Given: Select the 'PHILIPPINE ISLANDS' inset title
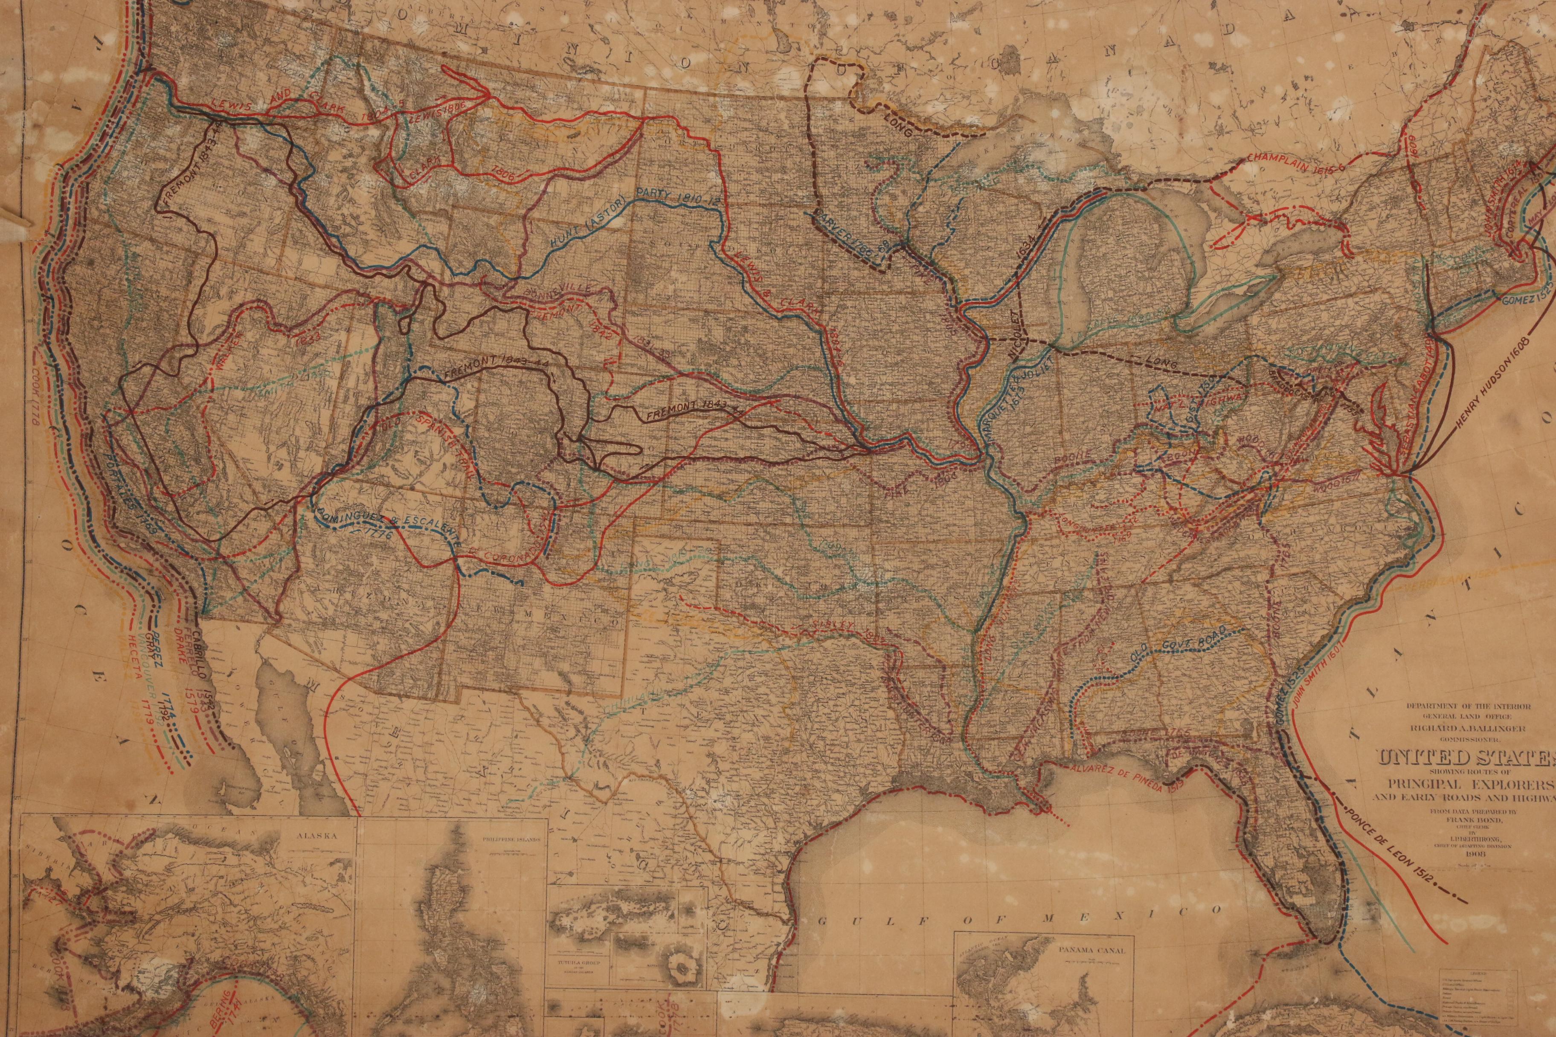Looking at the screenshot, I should (x=504, y=836).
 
